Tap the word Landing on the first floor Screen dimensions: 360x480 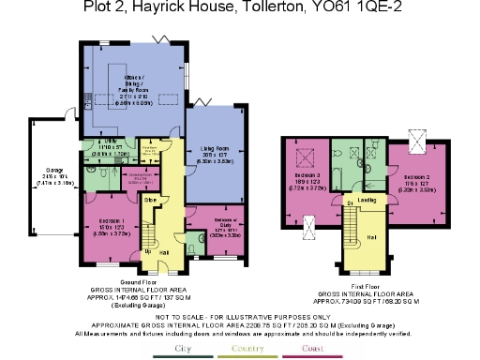point(367,200)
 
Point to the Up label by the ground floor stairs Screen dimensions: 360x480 point(146,251)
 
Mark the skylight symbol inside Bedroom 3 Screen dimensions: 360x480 point(304,155)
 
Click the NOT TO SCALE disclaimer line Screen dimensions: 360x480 point(239,318)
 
